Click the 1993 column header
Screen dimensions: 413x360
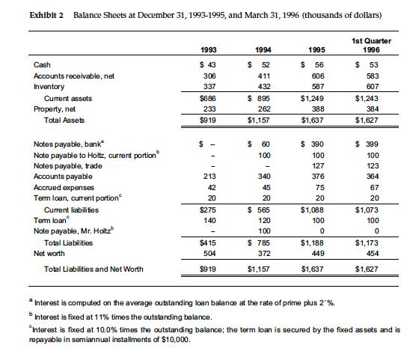coord(209,49)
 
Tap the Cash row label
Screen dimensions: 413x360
coord(42,65)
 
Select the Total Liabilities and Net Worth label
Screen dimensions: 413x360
coord(94,269)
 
